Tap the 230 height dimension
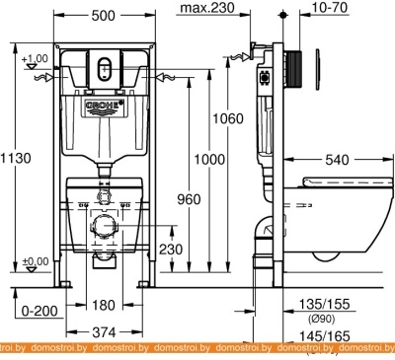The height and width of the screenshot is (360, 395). [172, 252]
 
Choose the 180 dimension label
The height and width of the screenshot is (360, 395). [104, 305]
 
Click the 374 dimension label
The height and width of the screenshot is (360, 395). [104, 331]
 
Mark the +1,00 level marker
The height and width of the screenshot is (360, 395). [36, 58]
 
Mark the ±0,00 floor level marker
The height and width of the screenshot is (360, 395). [36, 260]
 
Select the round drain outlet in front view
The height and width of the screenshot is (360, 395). [103, 226]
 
